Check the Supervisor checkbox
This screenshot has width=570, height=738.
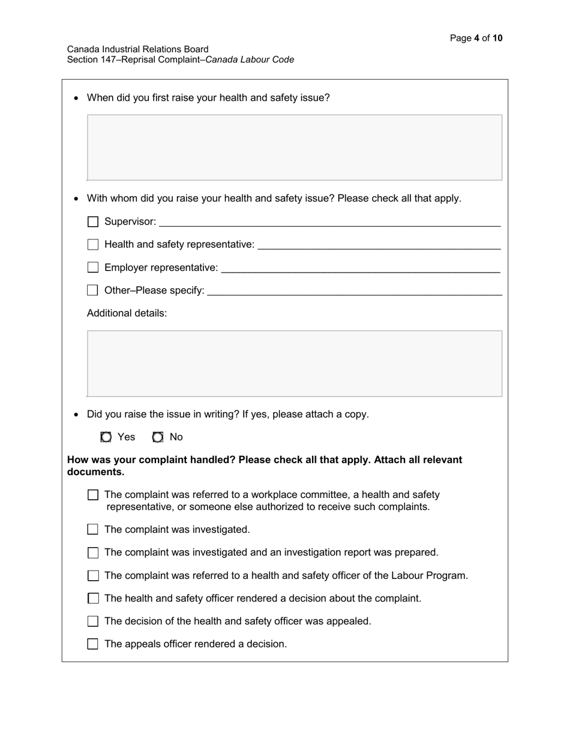[x=93, y=222]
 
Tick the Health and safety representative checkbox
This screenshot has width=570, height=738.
[x=93, y=245]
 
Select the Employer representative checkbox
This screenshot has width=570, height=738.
[x=93, y=268]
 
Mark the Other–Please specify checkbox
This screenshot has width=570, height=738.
[x=93, y=290]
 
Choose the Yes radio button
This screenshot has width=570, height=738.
[x=106, y=437]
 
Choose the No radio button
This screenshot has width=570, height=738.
[x=158, y=437]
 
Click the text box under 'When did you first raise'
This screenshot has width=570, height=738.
[x=295, y=148]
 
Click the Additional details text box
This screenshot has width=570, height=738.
[x=295, y=364]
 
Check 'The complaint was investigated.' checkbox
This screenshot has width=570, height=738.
[x=93, y=529]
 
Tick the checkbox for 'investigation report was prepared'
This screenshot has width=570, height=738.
[x=93, y=553]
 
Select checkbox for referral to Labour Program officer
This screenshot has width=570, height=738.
[x=93, y=576]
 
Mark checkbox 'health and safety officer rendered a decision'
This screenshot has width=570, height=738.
[x=93, y=599]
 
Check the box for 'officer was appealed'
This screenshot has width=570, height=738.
[x=93, y=622]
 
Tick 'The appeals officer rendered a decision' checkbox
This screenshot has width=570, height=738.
[x=93, y=644]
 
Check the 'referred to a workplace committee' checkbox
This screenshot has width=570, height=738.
[x=93, y=495]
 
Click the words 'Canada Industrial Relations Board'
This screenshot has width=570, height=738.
[x=138, y=49]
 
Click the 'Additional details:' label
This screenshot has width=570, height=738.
[x=127, y=313]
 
